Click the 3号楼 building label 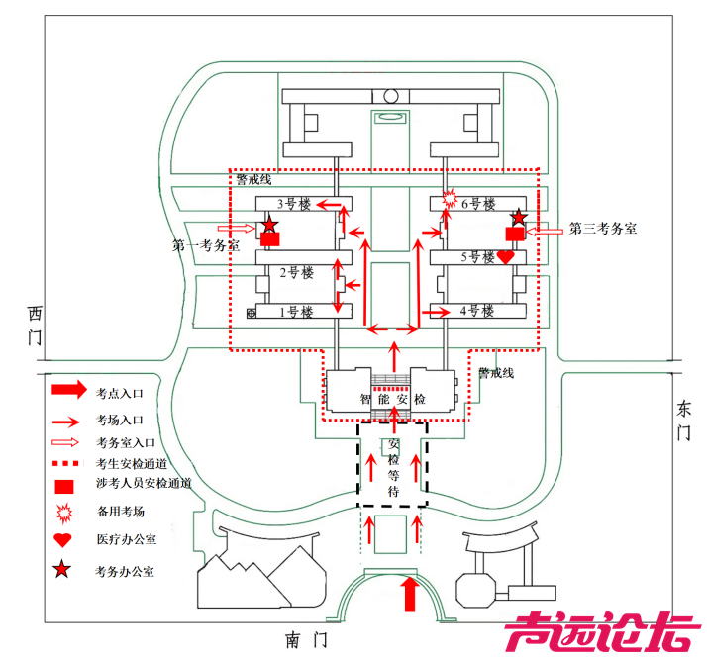[x=293, y=205]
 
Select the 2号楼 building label [x=295, y=272]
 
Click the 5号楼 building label [x=477, y=257]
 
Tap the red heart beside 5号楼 [x=505, y=257]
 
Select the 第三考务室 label [x=602, y=229]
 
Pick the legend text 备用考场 [x=120, y=513]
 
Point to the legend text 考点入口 [x=120, y=392]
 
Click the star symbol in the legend [x=64, y=569]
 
